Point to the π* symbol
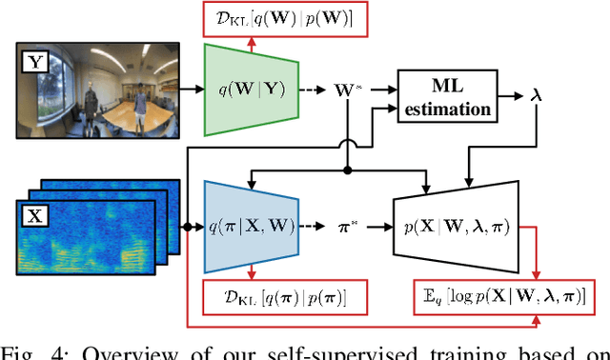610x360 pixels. coord(350,229)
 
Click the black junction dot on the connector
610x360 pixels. coord(349,171)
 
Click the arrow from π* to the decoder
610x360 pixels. coord(378,228)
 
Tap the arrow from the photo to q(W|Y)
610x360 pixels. coord(193,90)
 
